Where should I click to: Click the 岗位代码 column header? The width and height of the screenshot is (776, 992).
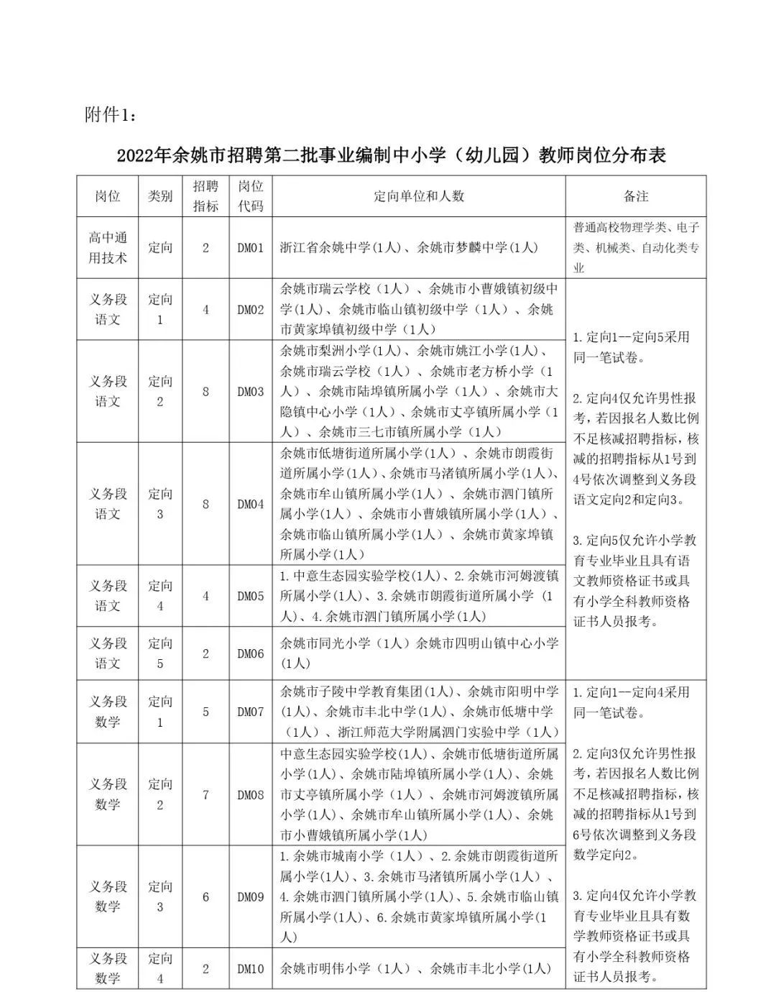[x=251, y=196]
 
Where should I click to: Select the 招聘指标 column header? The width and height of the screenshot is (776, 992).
[x=205, y=196]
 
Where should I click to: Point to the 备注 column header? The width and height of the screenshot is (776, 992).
[x=636, y=196]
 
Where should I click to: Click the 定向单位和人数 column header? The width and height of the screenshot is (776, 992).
[x=419, y=196]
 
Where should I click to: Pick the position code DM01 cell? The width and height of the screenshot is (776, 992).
[x=251, y=248]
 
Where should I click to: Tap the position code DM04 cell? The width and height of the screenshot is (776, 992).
[x=251, y=504]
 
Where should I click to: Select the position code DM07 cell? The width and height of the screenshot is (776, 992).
[x=251, y=712]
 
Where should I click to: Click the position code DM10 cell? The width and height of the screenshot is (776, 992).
[x=251, y=968]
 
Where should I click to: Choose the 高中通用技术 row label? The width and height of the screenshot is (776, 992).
[x=108, y=248]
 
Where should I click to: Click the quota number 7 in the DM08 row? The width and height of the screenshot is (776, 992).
[x=205, y=794]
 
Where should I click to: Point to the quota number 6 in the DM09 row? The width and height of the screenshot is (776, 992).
[x=205, y=896]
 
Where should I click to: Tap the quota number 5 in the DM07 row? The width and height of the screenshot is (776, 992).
[x=205, y=712]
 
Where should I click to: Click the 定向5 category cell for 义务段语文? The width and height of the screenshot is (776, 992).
[x=160, y=653]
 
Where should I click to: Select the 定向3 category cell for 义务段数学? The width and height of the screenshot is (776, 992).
[x=160, y=896]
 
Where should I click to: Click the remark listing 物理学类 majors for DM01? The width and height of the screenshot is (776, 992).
[x=636, y=248]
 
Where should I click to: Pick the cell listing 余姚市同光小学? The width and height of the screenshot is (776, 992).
[x=419, y=653]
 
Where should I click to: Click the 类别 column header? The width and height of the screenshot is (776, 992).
[x=160, y=196]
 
